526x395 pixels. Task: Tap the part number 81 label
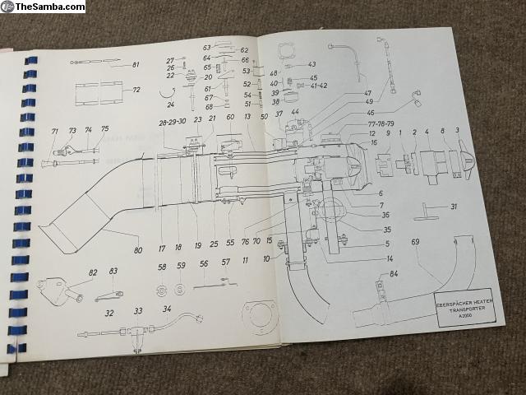pyautogui.click(x=136, y=65)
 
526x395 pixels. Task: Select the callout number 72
pyautogui.click(x=136, y=89)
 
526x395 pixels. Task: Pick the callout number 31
pyautogui.click(x=453, y=207)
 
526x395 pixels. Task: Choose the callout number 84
pyautogui.click(x=394, y=273)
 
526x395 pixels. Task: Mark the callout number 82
pyautogui.click(x=93, y=272)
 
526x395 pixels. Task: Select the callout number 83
pyautogui.click(x=113, y=272)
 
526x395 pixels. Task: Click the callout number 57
pyautogui.click(x=225, y=263)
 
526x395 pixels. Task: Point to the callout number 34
pyautogui.click(x=167, y=309)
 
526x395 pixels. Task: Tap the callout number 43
pyautogui.click(x=311, y=64)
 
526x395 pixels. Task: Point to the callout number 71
pyautogui.click(x=55, y=132)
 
